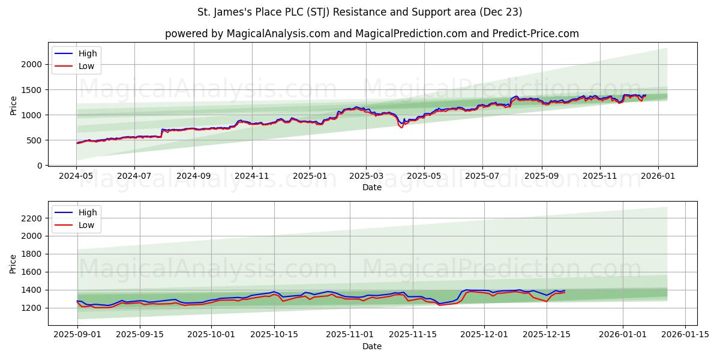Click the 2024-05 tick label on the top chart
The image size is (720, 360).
coord(76,176)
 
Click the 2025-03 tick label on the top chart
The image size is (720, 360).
coord(365,176)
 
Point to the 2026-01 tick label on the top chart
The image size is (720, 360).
coord(658,176)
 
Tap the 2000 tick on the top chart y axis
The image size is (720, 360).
coord(34,64)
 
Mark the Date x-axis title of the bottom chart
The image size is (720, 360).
coord(372,346)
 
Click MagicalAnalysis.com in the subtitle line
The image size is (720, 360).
coord(278,34)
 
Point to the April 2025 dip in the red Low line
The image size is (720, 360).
coord(401,128)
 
